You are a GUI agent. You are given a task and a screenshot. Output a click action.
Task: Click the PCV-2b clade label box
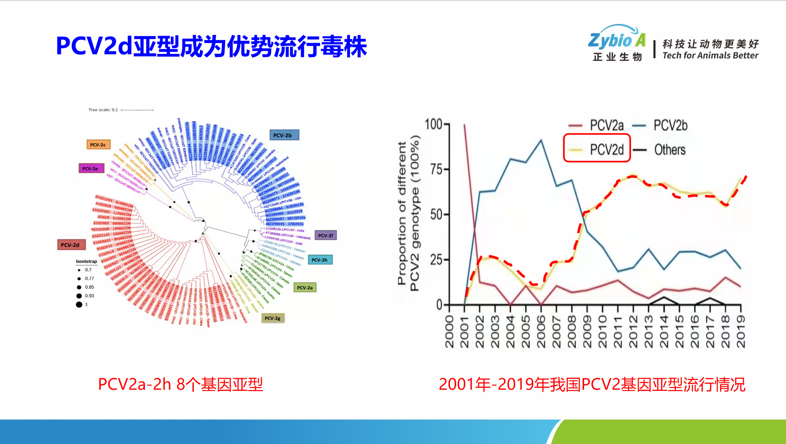point(284,135)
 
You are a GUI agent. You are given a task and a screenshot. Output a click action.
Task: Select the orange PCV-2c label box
point(98,145)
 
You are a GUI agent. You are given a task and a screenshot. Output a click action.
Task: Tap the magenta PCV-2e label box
point(91,169)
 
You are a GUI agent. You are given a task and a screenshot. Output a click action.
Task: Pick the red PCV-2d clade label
point(71,245)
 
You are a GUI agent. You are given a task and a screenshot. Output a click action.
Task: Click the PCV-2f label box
point(325,235)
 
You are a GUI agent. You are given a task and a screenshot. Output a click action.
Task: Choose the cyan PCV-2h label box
point(320,260)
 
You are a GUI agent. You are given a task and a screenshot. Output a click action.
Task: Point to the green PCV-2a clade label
point(305,288)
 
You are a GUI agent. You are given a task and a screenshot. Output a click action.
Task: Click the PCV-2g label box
point(272,318)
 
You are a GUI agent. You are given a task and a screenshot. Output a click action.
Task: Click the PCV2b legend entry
point(670,126)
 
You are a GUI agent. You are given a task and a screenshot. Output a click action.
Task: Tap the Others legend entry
point(669,150)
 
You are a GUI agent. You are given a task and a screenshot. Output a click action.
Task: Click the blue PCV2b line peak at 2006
point(541,140)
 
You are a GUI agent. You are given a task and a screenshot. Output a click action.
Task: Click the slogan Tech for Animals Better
point(710,55)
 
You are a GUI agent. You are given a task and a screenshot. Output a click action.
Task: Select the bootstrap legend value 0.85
point(90,287)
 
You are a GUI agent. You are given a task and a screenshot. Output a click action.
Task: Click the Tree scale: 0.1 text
point(103,110)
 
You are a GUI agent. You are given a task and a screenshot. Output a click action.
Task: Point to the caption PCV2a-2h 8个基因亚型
point(181,384)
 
